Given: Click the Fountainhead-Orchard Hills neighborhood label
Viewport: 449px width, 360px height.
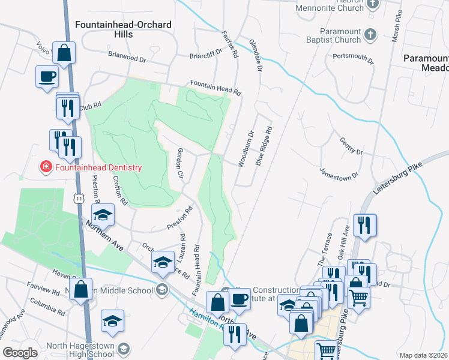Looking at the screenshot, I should pyautogui.click(x=124, y=29).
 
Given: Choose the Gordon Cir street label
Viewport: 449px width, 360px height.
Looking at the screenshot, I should pyautogui.click(x=179, y=163).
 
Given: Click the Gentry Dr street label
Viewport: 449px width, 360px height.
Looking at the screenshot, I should pyautogui.click(x=351, y=145).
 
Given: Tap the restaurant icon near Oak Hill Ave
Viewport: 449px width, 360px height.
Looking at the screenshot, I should pyautogui.click(x=364, y=225).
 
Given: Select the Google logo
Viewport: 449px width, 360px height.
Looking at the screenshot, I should pyautogui.click(x=19, y=353).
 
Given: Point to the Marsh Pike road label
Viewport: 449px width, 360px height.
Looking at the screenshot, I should pyautogui.click(x=396, y=28).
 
